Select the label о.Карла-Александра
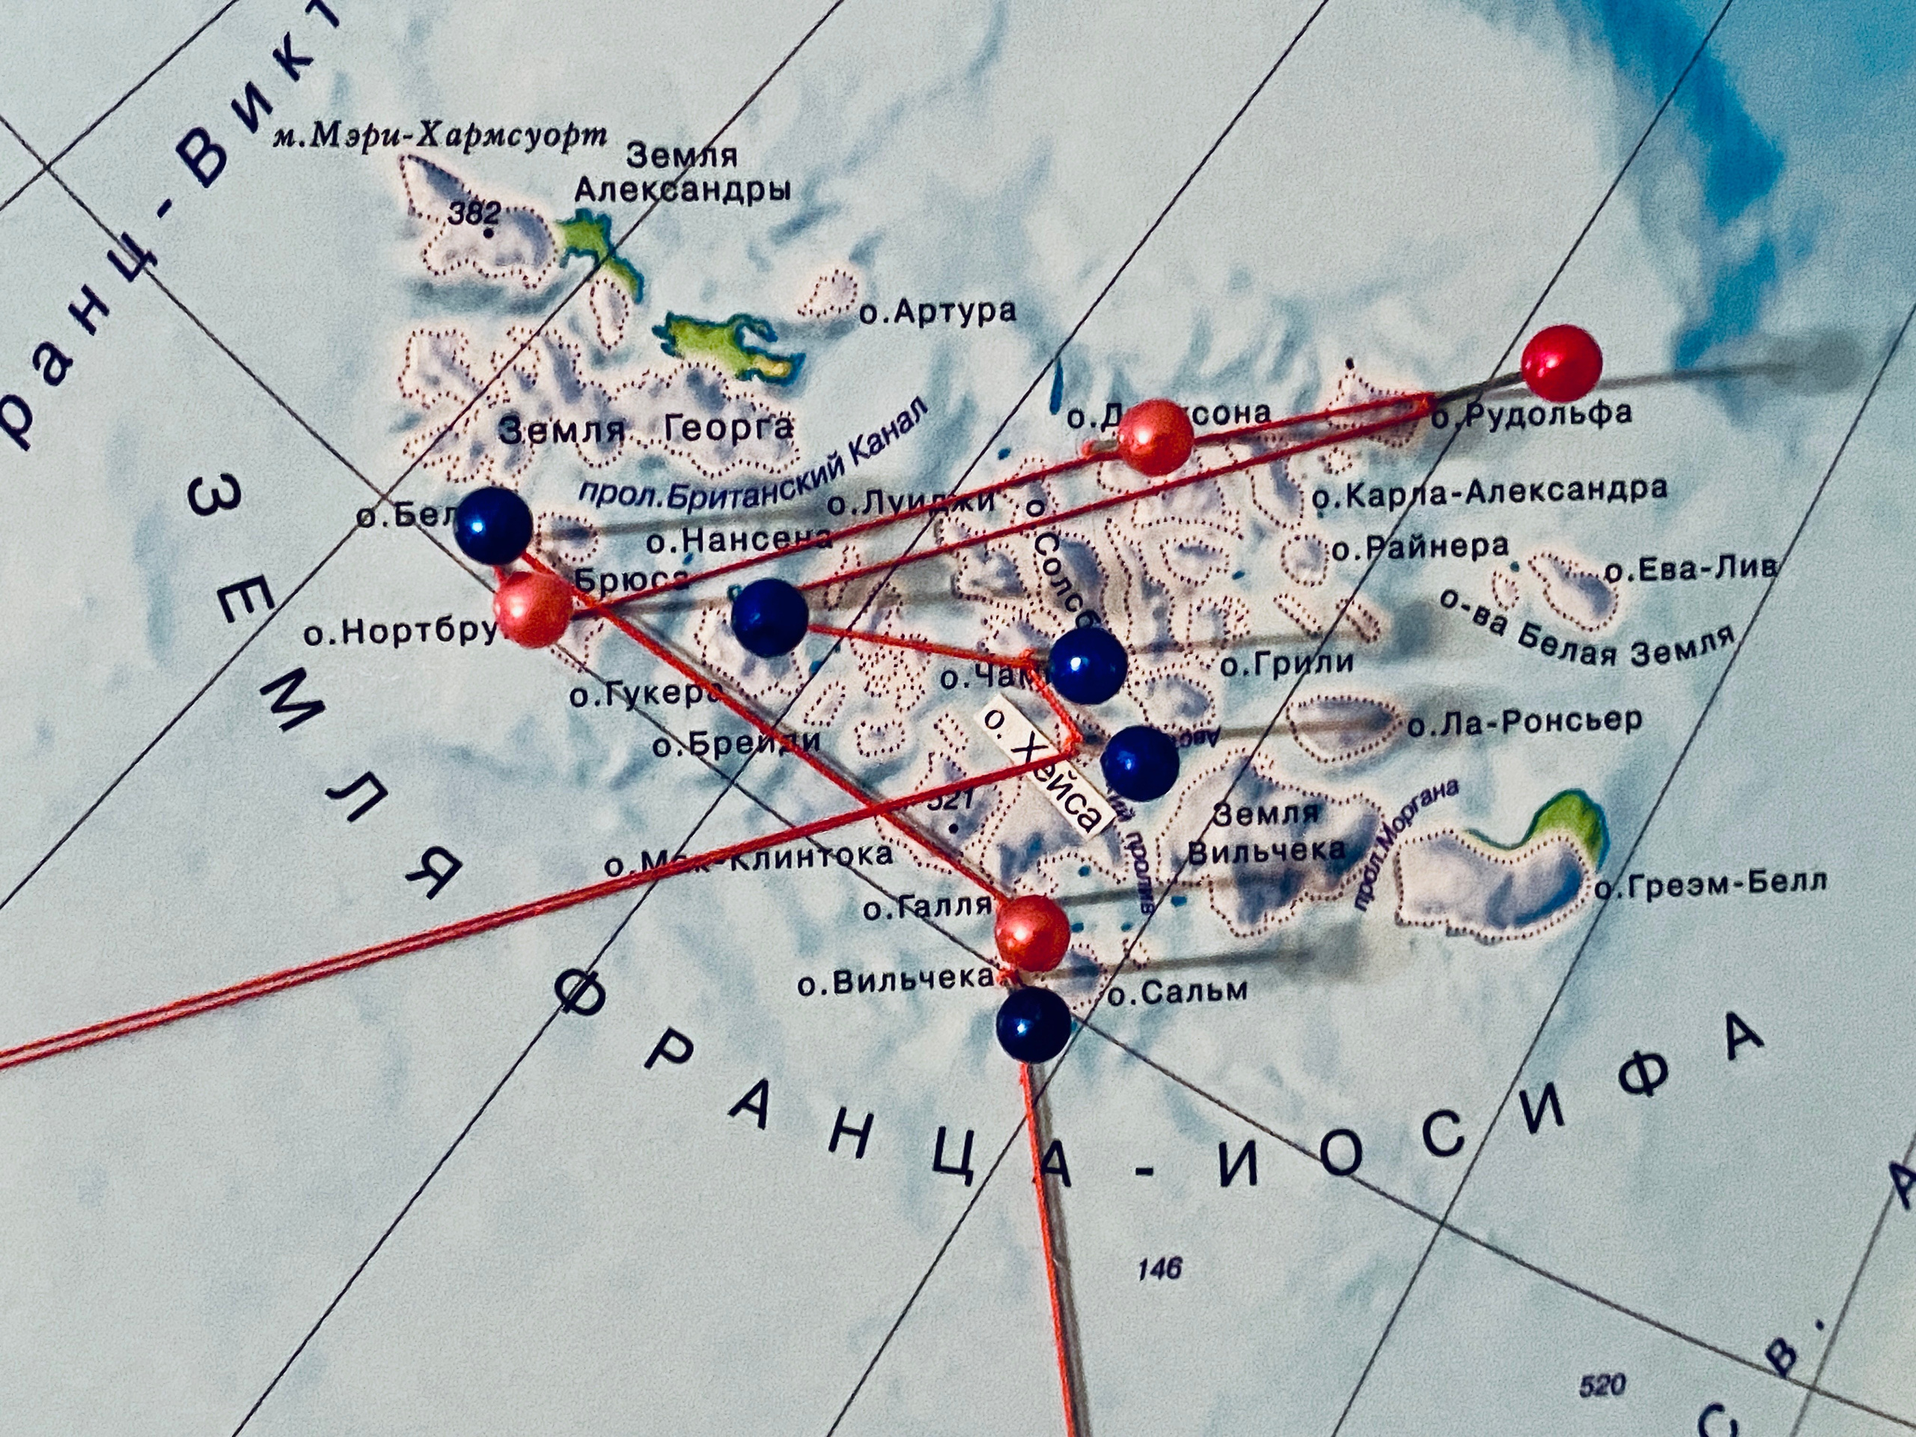(x=1489, y=492)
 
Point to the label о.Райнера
(x=1420, y=547)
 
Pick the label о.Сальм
(x=1178, y=992)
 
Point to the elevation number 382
(x=474, y=213)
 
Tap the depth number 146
(x=1159, y=1269)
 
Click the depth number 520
(x=1602, y=1386)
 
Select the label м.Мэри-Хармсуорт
(x=439, y=137)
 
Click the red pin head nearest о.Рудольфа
(x=1560, y=363)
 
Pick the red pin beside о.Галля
(x=1031, y=933)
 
